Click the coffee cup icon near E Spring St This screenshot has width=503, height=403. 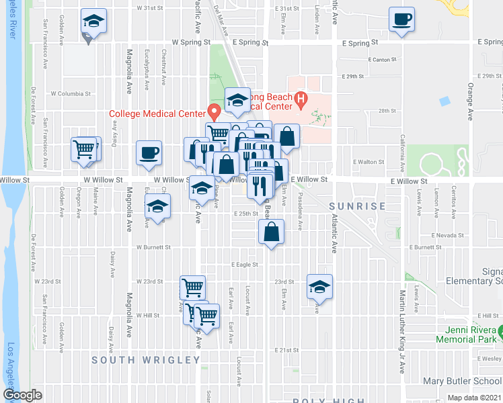coord(402,20)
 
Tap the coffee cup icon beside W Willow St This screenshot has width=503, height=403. coord(149,152)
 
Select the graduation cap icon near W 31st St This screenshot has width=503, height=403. coord(93,20)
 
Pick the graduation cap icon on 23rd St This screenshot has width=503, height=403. coord(320,286)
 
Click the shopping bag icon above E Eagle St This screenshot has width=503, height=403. coord(270,233)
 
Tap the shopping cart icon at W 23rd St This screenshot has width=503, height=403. coord(192,287)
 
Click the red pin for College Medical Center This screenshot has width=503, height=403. coord(215,111)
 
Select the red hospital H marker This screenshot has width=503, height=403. coord(301,101)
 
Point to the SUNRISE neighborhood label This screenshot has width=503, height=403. coord(357,206)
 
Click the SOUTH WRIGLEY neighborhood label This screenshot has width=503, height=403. coord(146,361)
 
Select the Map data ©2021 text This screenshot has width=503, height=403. coord(474,398)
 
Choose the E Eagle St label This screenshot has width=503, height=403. coord(245,265)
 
